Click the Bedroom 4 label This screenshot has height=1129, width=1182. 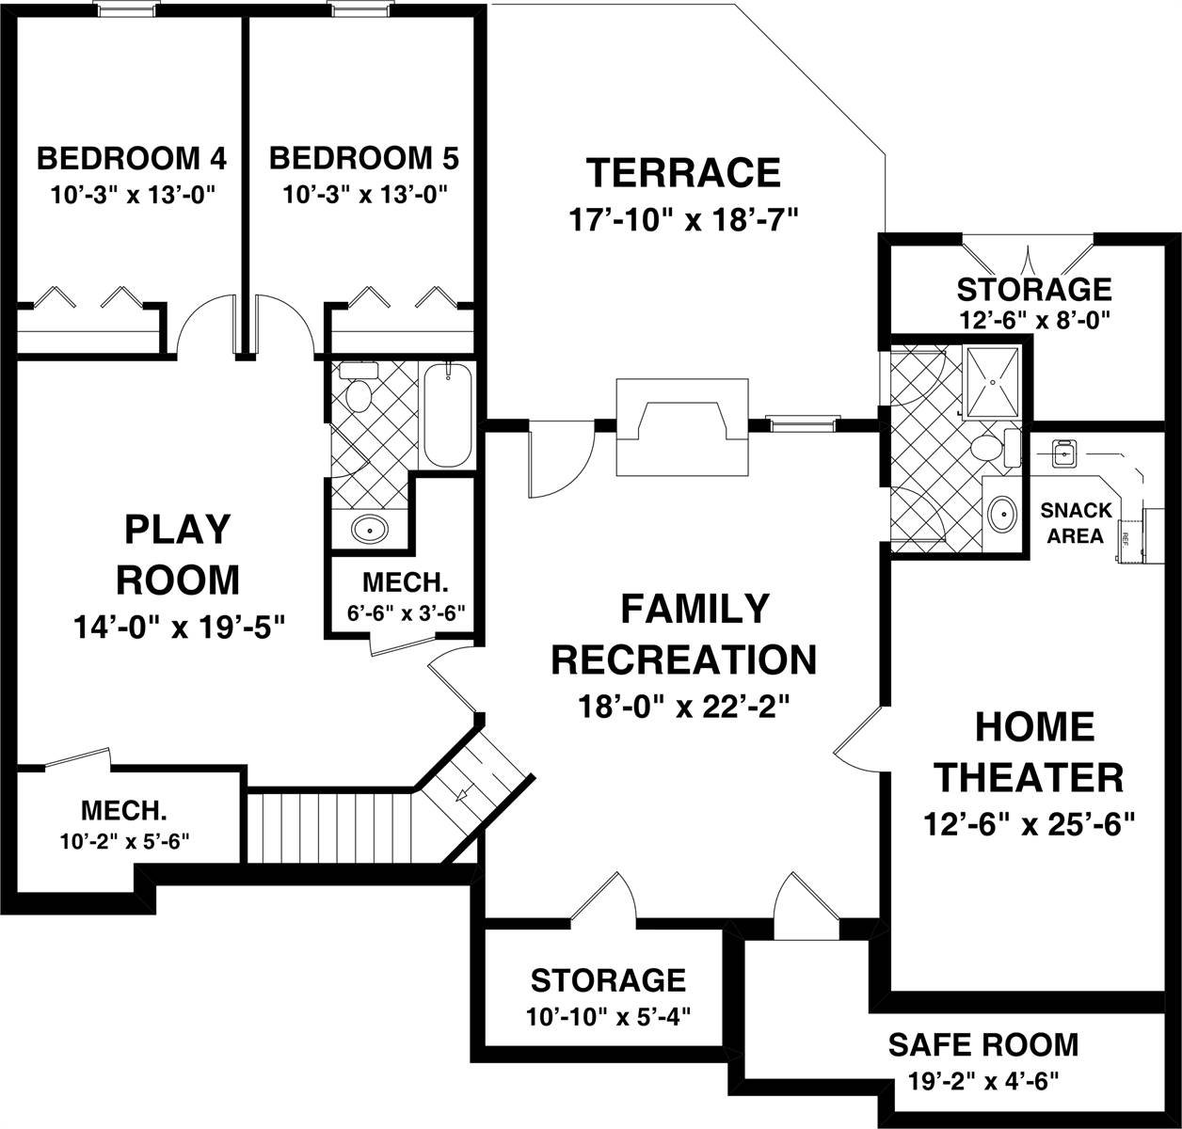tap(132, 158)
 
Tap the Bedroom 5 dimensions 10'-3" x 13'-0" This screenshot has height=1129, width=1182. tap(364, 195)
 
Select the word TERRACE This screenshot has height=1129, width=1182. tap(683, 173)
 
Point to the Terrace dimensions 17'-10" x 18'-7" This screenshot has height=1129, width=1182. tap(683, 220)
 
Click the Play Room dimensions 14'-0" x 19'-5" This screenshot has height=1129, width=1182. tap(178, 626)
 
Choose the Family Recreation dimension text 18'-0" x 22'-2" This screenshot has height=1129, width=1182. tap(683, 706)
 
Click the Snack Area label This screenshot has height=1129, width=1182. tap(1076, 523)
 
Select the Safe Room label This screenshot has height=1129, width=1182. tap(983, 1044)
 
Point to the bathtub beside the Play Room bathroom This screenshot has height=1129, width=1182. tap(447, 415)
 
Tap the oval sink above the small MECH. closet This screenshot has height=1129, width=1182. tap(369, 529)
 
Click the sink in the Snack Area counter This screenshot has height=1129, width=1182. tap(1063, 453)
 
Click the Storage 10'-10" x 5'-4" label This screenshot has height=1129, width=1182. tap(608, 995)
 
